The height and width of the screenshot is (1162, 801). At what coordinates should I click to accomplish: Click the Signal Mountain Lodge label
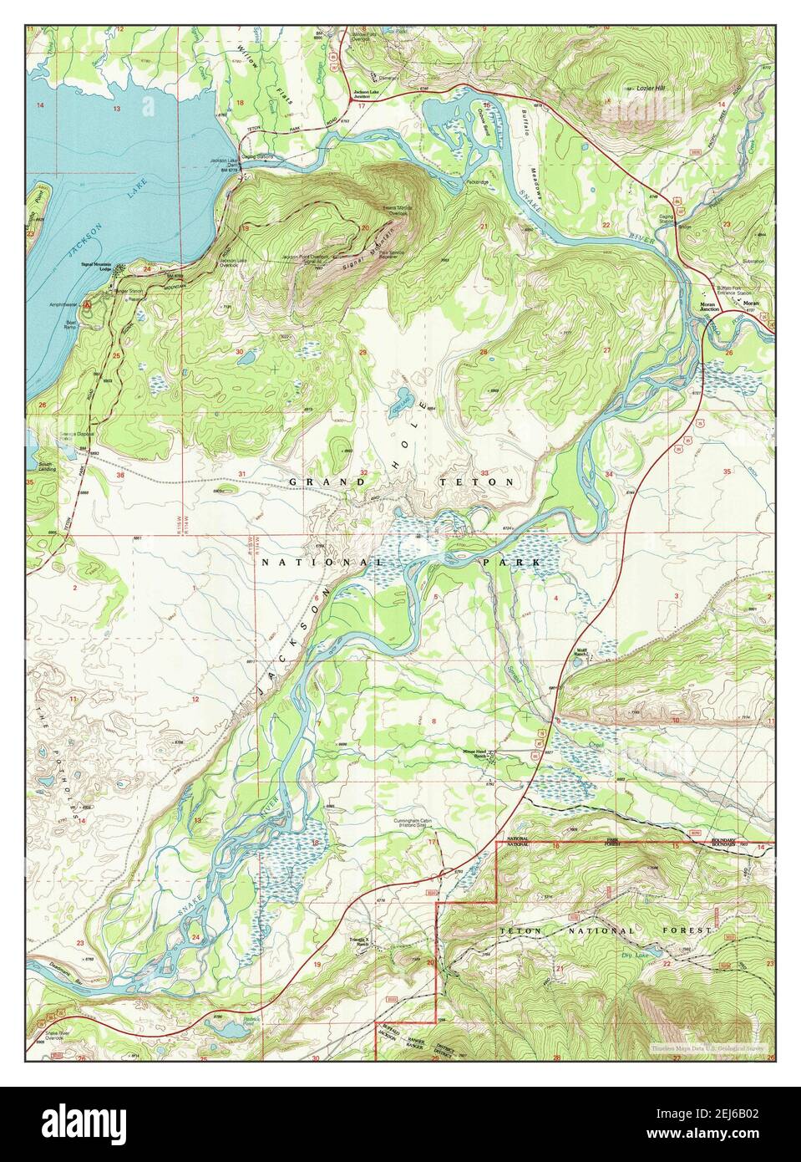(96, 267)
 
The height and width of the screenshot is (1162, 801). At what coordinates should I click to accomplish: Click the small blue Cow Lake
(401, 395)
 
